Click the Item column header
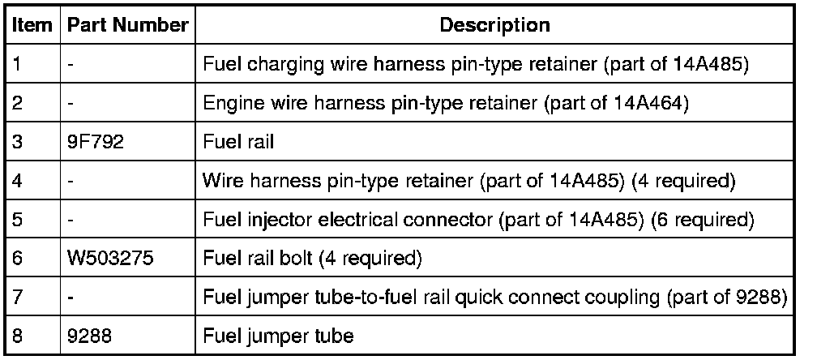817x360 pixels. tap(32, 25)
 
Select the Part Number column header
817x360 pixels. tap(127, 25)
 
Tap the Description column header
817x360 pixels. tap(494, 25)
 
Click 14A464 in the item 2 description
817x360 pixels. tap(653, 104)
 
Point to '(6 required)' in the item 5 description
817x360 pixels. tap(704, 220)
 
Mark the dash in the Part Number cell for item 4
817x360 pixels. tap(71, 181)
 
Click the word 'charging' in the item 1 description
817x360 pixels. tap(280, 65)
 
